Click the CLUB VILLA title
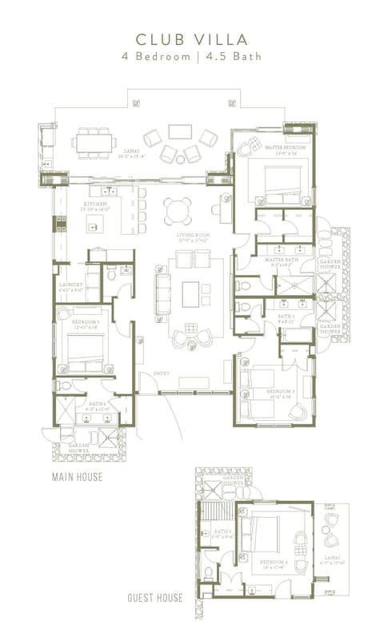click(x=192, y=38)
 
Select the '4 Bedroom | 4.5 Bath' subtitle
click(x=192, y=57)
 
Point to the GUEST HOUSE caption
click(x=155, y=598)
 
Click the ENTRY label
click(x=149, y=374)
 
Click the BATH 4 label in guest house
click(x=223, y=531)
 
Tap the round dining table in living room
click(x=178, y=211)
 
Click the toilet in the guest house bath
click(x=208, y=571)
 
